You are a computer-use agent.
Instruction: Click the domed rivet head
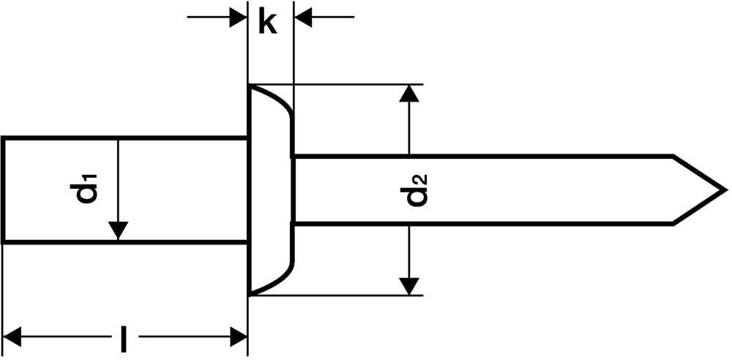pos(271,190)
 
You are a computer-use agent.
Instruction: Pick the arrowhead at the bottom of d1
pos(117,230)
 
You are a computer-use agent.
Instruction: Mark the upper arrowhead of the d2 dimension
pos(410,94)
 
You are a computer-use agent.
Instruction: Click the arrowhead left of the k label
pos(238,16)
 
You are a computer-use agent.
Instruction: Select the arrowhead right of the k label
pos(303,16)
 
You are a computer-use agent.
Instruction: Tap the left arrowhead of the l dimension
pos(13,337)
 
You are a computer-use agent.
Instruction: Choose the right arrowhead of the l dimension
pos(237,337)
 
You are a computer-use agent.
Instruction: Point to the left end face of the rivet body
pos(2,189)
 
